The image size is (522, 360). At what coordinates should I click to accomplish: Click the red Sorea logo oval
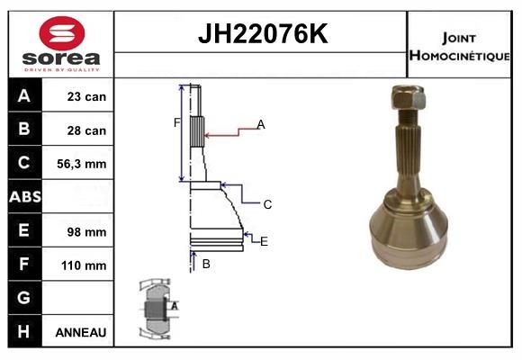pyautogui.click(x=62, y=33)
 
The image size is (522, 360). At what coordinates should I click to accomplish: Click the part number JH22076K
pyautogui.click(x=263, y=33)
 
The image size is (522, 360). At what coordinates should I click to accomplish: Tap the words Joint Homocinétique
pyautogui.click(x=459, y=47)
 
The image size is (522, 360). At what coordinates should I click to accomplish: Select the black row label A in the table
pyautogui.click(x=24, y=96)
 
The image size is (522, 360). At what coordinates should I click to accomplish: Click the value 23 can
pyautogui.click(x=86, y=96)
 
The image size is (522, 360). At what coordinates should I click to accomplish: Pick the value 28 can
pyautogui.click(x=86, y=130)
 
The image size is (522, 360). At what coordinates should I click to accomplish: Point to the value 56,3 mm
pyautogui.click(x=82, y=164)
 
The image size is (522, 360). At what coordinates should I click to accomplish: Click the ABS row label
pyautogui.click(x=25, y=197)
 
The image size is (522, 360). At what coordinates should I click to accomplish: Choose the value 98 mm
pyautogui.click(x=86, y=232)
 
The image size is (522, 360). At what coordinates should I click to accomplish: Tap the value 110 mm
pyautogui.click(x=84, y=265)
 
